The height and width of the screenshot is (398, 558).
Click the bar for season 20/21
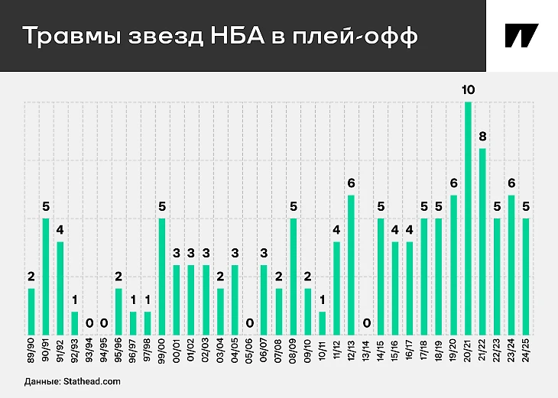pos(469,218)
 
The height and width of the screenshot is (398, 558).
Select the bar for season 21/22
pos(483,241)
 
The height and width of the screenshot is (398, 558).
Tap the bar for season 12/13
pos(352,264)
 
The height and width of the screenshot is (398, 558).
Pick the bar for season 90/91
pos(46,276)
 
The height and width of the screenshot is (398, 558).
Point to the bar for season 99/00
pos(162,276)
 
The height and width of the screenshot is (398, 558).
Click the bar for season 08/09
pos(294,276)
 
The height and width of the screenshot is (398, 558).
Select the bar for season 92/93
pos(75,322)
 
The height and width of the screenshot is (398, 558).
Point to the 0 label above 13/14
pos(366,323)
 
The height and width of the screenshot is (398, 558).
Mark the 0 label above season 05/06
pos(250,323)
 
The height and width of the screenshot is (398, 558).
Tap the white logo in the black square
pos(521,36)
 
